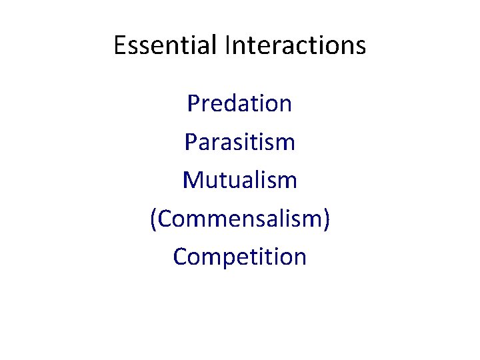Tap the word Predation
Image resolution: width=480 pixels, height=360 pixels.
tap(239, 103)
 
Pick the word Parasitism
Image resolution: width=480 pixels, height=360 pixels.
tap(239, 141)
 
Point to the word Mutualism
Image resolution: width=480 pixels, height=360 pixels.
tap(239, 180)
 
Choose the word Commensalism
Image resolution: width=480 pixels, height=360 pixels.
tap(240, 219)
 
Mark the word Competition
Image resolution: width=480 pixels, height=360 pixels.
tap(239, 257)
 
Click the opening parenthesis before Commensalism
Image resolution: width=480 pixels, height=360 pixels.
tap(153, 219)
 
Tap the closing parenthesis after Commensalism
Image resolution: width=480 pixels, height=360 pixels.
tap(326, 219)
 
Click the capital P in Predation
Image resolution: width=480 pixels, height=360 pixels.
tap(193, 103)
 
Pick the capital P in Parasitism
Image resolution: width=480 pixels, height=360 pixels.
tap(189, 141)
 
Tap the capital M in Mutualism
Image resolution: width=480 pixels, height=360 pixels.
tap(191, 180)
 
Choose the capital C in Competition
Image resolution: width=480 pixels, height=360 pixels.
tap(180, 257)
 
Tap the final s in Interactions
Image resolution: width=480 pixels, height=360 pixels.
tap(360, 47)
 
